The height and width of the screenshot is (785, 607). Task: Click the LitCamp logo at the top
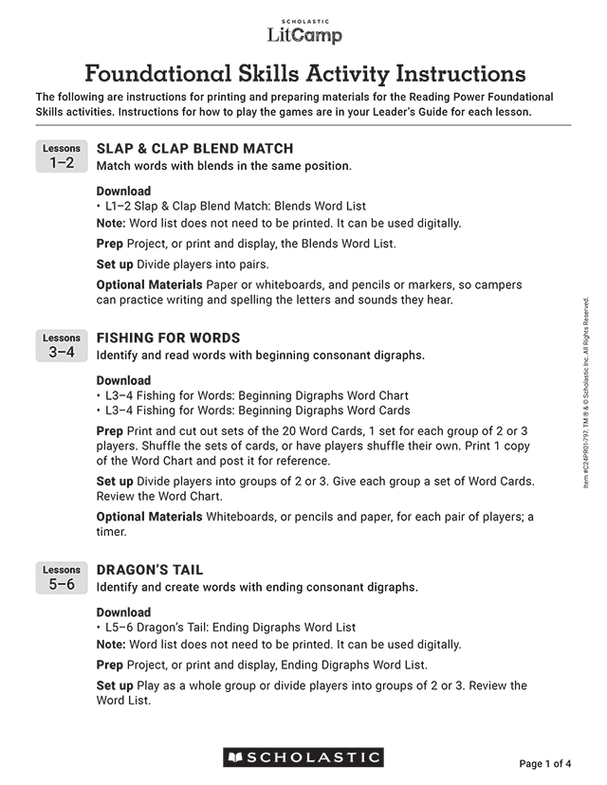[x=303, y=33]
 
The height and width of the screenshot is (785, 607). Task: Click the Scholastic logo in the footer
[x=303, y=758]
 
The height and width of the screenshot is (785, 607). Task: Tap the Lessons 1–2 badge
[x=62, y=156]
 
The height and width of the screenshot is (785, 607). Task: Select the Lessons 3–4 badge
[x=62, y=346]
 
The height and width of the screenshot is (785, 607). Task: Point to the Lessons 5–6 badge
[x=62, y=578]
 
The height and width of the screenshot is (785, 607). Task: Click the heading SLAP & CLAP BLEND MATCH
[x=194, y=149]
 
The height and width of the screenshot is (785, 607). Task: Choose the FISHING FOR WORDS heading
[x=168, y=338]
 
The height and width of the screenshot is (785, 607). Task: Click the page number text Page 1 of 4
[x=545, y=763]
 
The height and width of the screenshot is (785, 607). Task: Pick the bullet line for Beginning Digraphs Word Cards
[x=253, y=411]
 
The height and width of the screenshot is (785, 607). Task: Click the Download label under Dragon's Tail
[x=123, y=612]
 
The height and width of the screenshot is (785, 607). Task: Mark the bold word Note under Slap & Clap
[x=111, y=224]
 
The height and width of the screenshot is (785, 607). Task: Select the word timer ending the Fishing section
[x=111, y=533]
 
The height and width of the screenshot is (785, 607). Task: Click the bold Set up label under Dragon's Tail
[x=115, y=685]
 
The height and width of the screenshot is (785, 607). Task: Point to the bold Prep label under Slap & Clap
[x=110, y=244]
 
